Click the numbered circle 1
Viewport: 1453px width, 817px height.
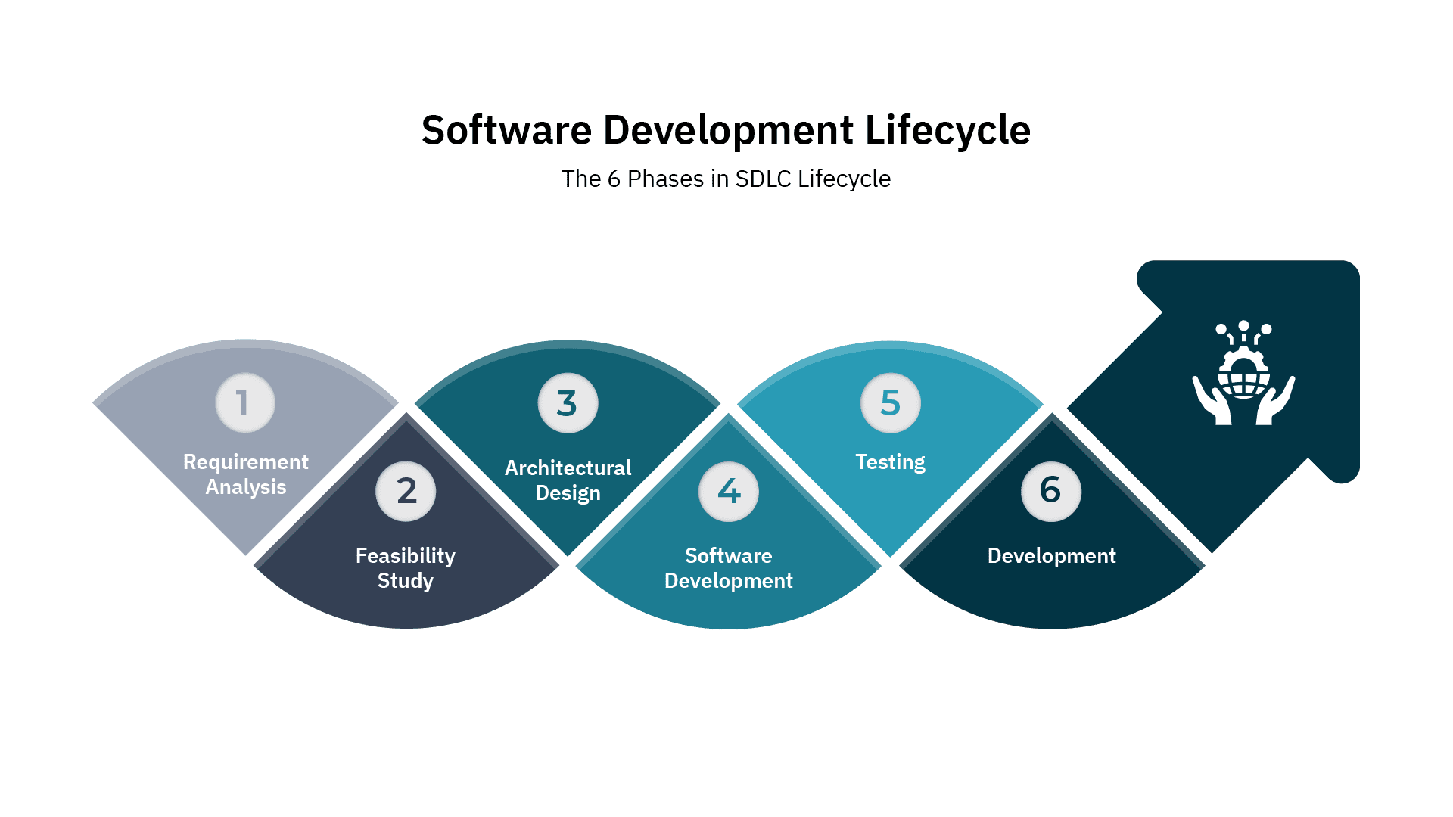coord(244,403)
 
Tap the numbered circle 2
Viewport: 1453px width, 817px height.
coord(406,492)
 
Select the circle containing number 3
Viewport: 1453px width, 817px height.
coord(568,403)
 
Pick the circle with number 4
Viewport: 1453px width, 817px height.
coord(729,492)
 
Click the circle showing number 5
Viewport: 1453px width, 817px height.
coord(891,403)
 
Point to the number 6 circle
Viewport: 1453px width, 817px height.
coord(1050,492)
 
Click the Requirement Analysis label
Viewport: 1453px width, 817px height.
coord(246,474)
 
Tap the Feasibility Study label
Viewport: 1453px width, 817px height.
coord(406,568)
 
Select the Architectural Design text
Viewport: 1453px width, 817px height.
coord(568,480)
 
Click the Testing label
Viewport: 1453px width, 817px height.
coord(890,462)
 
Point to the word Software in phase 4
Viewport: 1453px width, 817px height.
coord(728,556)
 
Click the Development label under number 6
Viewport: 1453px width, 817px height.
coord(1051,556)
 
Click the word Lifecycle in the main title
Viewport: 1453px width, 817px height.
coord(947,130)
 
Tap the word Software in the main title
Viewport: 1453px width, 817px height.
coord(506,130)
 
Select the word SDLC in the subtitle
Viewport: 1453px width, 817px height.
coord(763,179)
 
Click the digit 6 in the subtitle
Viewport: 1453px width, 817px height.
coord(614,179)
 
